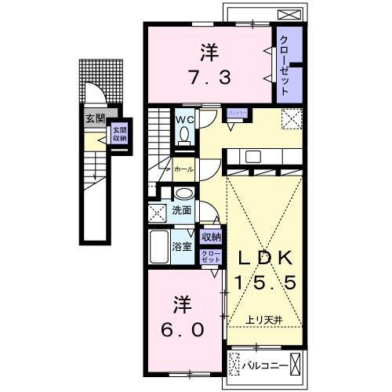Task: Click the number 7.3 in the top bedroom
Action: pos(208,77)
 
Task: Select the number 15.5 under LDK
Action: pos(263,283)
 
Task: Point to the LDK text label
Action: pos(263,257)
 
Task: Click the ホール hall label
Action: pos(183,169)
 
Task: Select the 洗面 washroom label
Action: pos(183,211)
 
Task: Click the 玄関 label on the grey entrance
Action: pos(93,119)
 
